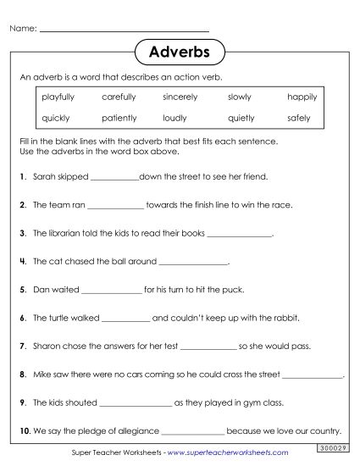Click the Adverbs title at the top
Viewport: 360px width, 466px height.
tap(179, 53)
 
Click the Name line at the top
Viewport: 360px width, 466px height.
tap(125, 30)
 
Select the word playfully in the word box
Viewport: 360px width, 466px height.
tap(58, 97)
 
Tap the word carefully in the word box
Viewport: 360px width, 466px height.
tap(119, 97)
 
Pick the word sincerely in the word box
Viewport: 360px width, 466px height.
tap(180, 97)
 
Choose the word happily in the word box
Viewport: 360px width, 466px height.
tap(302, 97)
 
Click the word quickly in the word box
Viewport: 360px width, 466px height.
tap(55, 118)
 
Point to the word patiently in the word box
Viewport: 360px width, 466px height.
tap(119, 118)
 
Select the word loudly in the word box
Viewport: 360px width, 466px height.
tap(174, 118)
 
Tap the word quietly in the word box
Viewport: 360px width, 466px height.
tap(241, 118)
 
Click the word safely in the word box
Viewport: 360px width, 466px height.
tap(299, 118)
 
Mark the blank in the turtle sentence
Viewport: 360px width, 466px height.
tap(125, 319)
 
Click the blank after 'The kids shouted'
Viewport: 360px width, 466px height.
tap(136, 403)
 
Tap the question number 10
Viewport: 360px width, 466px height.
tap(24, 430)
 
